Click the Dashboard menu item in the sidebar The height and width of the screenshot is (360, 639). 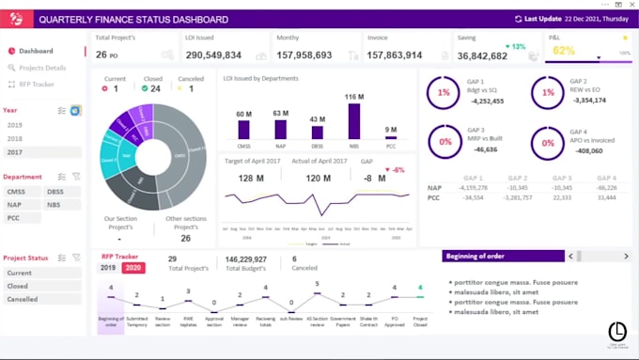tap(36, 51)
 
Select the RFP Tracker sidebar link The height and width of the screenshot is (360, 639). tap(37, 84)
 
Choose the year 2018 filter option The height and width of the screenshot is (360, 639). tap(16, 138)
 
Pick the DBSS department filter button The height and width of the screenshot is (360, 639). tap(55, 191)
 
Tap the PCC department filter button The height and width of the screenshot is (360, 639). tap(14, 217)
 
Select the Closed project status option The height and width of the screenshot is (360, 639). tap(18, 286)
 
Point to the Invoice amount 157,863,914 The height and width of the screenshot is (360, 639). tap(394, 55)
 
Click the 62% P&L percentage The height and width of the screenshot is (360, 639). tap(564, 50)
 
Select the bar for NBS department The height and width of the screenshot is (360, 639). tap(354, 120)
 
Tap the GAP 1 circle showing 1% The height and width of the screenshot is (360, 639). tap(443, 92)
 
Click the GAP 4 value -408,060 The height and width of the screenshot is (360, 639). tap(591, 149)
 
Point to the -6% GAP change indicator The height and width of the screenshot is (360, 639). tap(397, 170)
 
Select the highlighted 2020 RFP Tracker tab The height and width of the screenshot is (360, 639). tap(132, 268)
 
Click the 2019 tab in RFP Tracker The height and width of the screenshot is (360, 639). tap(108, 268)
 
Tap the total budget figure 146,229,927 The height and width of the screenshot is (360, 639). tap(246, 259)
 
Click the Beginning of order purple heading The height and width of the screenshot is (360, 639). tap(503, 256)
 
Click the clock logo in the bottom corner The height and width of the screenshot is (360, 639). tap(617, 332)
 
